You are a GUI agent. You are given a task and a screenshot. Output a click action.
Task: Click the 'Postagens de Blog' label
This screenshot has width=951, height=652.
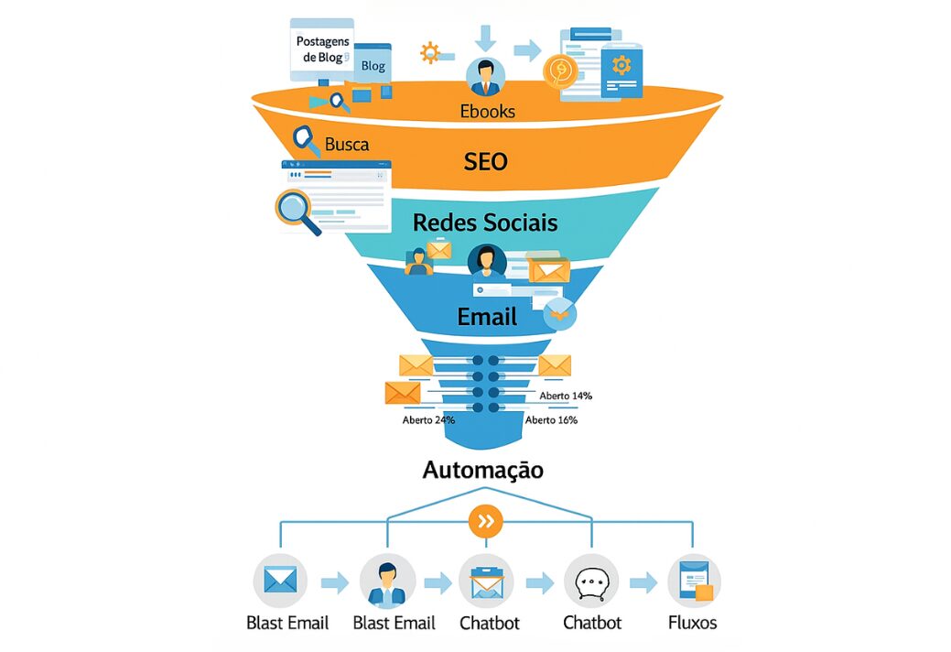click(x=319, y=49)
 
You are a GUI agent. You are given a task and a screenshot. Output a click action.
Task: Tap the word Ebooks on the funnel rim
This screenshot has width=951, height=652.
click(x=487, y=112)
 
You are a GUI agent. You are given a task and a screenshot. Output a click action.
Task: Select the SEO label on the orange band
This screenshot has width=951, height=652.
click(x=485, y=161)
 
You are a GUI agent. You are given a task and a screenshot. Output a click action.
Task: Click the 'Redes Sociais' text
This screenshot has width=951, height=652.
click(x=484, y=223)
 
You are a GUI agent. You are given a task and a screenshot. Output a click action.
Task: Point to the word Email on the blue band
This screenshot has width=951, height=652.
click(x=487, y=317)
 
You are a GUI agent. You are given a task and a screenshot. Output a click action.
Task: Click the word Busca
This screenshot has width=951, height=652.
click(x=347, y=144)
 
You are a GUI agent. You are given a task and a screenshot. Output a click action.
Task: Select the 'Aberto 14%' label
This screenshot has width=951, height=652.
click(x=566, y=396)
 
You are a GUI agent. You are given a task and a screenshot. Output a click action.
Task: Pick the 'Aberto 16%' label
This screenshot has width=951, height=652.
click(x=551, y=420)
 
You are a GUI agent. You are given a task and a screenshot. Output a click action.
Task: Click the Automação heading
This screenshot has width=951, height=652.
click(x=482, y=471)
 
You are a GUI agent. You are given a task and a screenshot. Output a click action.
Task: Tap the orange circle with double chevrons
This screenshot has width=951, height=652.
click(x=486, y=522)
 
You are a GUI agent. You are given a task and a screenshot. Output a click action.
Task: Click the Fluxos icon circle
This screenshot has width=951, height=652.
click(x=694, y=581)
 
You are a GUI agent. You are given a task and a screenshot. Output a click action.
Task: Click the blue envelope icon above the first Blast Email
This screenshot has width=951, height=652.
click(x=280, y=581)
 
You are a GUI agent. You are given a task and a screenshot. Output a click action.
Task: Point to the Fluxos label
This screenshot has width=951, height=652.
click(x=693, y=623)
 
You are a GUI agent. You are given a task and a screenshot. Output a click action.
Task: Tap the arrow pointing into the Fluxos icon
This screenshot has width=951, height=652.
click(x=643, y=582)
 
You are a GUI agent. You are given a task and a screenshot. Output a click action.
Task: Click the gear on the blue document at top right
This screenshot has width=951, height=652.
click(x=621, y=64)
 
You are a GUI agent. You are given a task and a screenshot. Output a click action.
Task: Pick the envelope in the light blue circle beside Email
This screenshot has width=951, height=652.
click(x=559, y=313)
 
